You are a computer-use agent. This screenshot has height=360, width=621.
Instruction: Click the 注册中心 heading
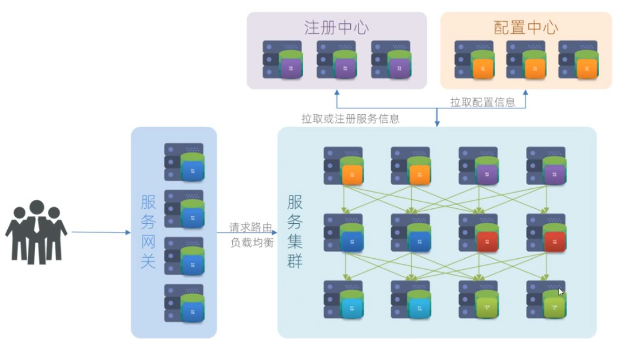click(x=336, y=28)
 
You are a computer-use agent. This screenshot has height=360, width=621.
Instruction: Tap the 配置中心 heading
click(x=525, y=28)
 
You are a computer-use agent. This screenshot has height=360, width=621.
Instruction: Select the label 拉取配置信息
click(x=483, y=102)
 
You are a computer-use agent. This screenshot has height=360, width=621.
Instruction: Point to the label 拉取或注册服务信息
click(x=350, y=119)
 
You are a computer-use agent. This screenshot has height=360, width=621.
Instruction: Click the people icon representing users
click(x=36, y=232)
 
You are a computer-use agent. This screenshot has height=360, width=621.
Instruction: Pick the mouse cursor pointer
click(x=561, y=292)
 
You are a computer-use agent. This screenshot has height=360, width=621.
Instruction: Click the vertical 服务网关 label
click(x=148, y=231)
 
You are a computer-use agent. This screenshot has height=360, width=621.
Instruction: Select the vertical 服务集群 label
click(x=295, y=231)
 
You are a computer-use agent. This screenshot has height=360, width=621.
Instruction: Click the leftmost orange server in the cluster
click(x=344, y=166)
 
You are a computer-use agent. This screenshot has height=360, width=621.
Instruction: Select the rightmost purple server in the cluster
click(x=546, y=166)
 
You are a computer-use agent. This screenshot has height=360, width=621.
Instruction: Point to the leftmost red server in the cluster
click(x=478, y=232)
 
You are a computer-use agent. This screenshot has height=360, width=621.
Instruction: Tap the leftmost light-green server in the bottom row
click(x=478, y=299)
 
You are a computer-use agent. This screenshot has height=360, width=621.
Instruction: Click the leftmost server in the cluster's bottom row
click(x=344, y=299)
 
